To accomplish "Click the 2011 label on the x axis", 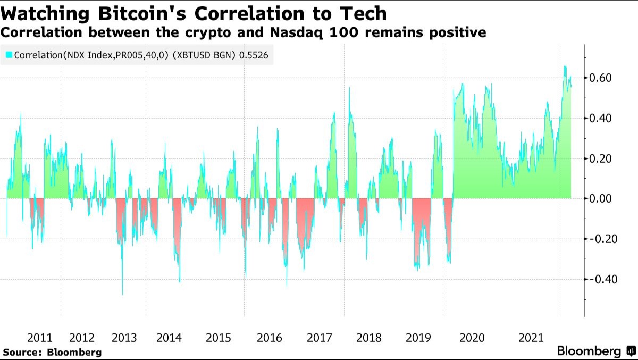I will (39, 338).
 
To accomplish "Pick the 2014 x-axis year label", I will (169, 338).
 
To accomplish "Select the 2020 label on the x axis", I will (472, 338).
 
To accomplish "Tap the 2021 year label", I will (531, 338).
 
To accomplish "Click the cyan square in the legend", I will (9, 55).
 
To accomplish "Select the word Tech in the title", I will (362, 12).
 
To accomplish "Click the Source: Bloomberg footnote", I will (52, 352).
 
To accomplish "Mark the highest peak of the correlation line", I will (565, 66).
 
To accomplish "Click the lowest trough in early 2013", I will (122, 294).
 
